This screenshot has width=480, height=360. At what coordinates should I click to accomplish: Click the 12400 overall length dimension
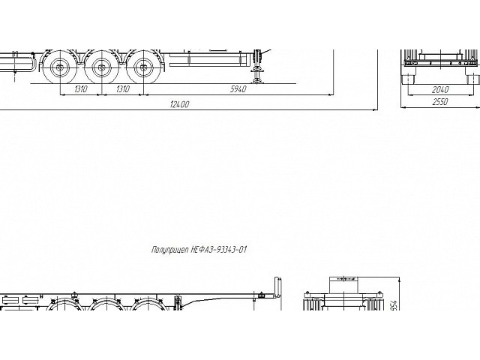coord(180,104)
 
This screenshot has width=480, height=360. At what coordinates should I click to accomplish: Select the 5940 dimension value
coord(238,89)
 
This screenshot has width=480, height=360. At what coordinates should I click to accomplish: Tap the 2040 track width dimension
coord(440,90)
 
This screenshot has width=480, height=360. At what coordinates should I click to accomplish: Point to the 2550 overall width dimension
coord(440,102)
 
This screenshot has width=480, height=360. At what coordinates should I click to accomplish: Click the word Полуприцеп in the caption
coord(170,250)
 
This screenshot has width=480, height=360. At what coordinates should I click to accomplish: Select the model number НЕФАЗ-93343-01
coord(219,250)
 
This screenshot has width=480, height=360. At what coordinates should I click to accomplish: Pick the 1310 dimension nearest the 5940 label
coord(123,89)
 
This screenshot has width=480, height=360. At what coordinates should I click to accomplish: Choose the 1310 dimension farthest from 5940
coord(81,89)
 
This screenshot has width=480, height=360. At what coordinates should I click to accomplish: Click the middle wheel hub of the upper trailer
coord(101,67)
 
